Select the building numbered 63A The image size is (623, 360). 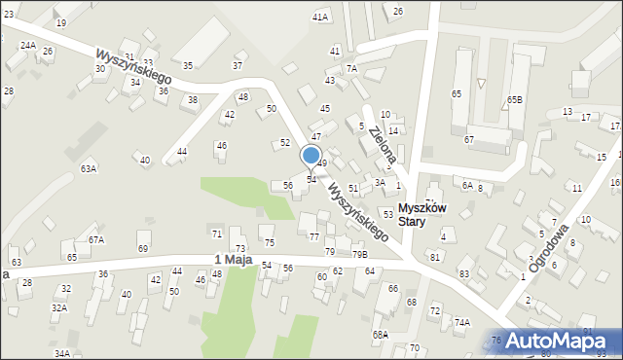point(89,168)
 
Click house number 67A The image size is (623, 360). point(95,239)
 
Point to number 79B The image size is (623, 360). point(360,254)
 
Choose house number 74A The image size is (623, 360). point(461,322)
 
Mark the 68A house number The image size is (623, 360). point(380,334)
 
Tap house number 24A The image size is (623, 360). point(28,46)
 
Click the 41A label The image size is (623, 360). point(320,18)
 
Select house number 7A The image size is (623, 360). point(352,68)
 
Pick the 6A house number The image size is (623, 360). point(467,185)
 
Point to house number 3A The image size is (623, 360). point(380,182)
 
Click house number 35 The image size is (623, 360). point(188,65)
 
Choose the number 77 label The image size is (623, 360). point(313,236)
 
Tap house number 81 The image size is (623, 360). point(435,256)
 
